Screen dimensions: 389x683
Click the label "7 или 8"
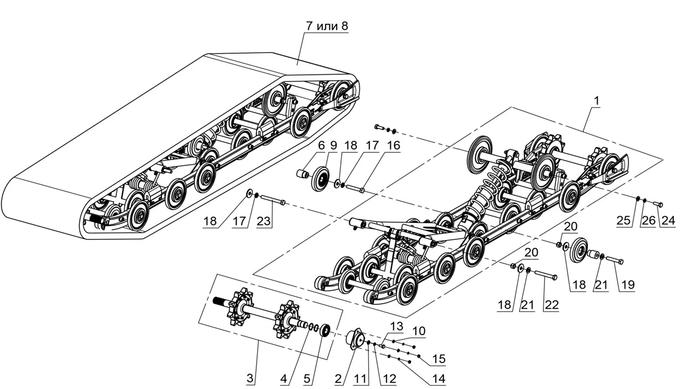pyautogui.click(x=327, y=26)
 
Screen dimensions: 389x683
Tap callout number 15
pyautogui.click(x=439, y=359)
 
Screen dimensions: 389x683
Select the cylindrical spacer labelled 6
pyautogui.click(x=302, y=175)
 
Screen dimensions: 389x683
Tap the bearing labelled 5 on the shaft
pyautogui.click(x=324, y=330)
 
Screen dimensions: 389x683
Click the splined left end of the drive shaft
pyautogui.click(x=220, y=303)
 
